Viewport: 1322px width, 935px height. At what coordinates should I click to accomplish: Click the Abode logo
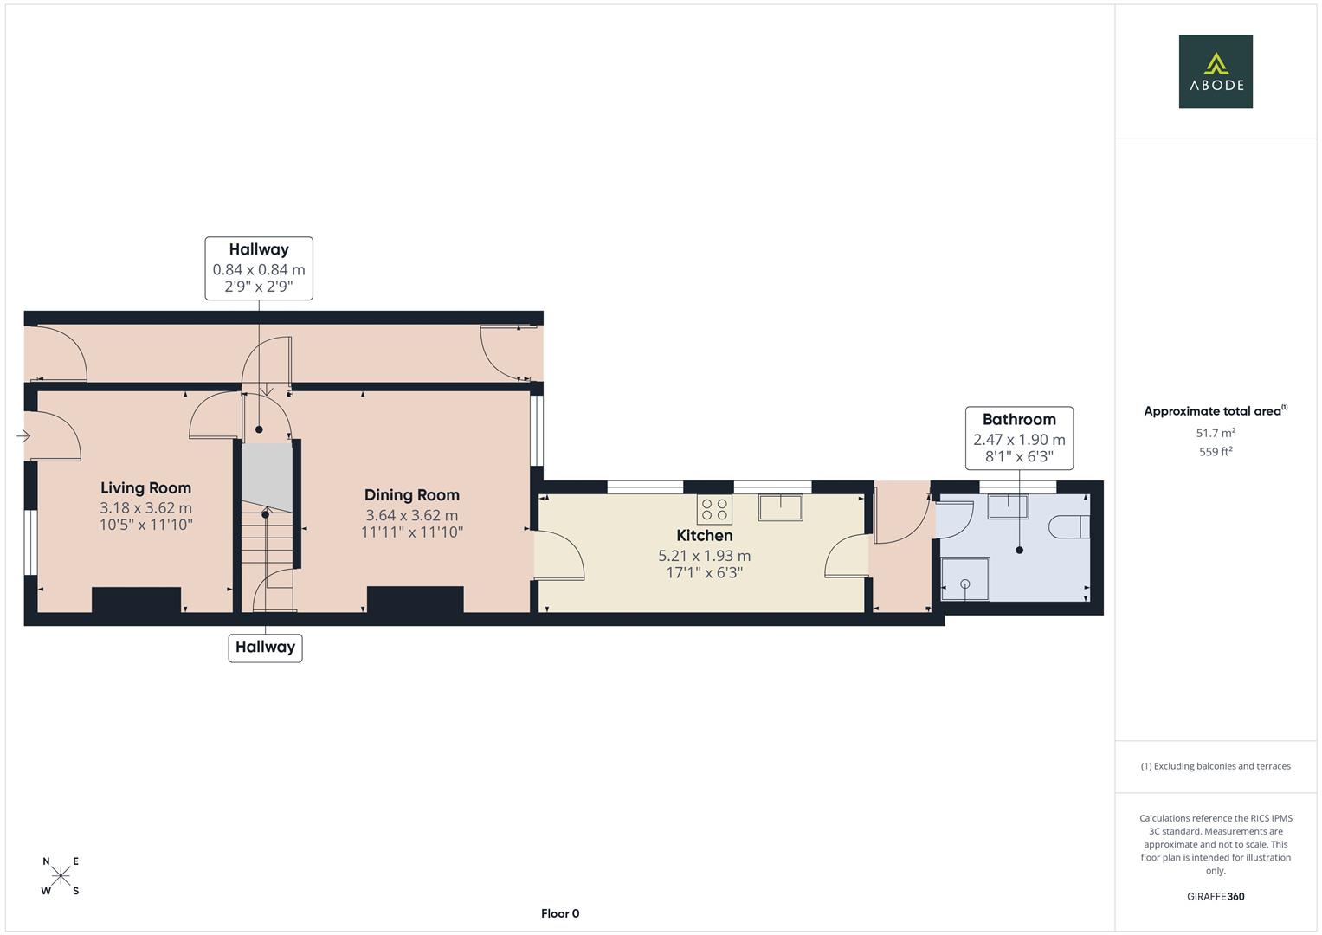coord(1216,71)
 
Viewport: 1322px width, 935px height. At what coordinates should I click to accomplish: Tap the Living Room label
coord(145,488)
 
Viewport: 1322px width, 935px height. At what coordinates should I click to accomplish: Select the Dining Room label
coord(412,495)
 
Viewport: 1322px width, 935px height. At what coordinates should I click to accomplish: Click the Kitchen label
coord(705,535)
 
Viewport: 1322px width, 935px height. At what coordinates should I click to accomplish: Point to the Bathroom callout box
coord(1019,438)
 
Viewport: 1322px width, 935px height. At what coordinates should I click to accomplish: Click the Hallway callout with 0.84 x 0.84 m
coord(259,268)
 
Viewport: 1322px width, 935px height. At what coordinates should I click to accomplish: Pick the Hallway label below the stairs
coord(266,648)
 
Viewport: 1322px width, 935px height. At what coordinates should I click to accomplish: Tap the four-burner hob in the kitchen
coord(714,509)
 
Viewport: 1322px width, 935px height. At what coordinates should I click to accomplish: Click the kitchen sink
coord(780,507)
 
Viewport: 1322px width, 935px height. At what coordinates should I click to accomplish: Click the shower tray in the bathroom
coord(965,578)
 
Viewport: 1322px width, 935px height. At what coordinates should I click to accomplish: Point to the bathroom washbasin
coord(1009,506)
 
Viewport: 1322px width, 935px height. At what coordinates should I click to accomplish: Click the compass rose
coord(61,876)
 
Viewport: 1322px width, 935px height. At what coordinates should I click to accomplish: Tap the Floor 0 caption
coord(560,913)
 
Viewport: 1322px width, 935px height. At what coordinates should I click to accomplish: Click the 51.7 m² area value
coord(1216,433)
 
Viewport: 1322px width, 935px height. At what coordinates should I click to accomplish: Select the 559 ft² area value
coord(1216,452)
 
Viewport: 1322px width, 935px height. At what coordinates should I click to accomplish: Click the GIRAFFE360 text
coord(1216,896)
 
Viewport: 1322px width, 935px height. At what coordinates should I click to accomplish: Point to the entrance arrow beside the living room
coord(23,436)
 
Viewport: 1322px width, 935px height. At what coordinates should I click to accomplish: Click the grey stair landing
coord(268,476)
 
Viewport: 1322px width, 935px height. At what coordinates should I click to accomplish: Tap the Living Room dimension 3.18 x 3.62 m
coord(145,507)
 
